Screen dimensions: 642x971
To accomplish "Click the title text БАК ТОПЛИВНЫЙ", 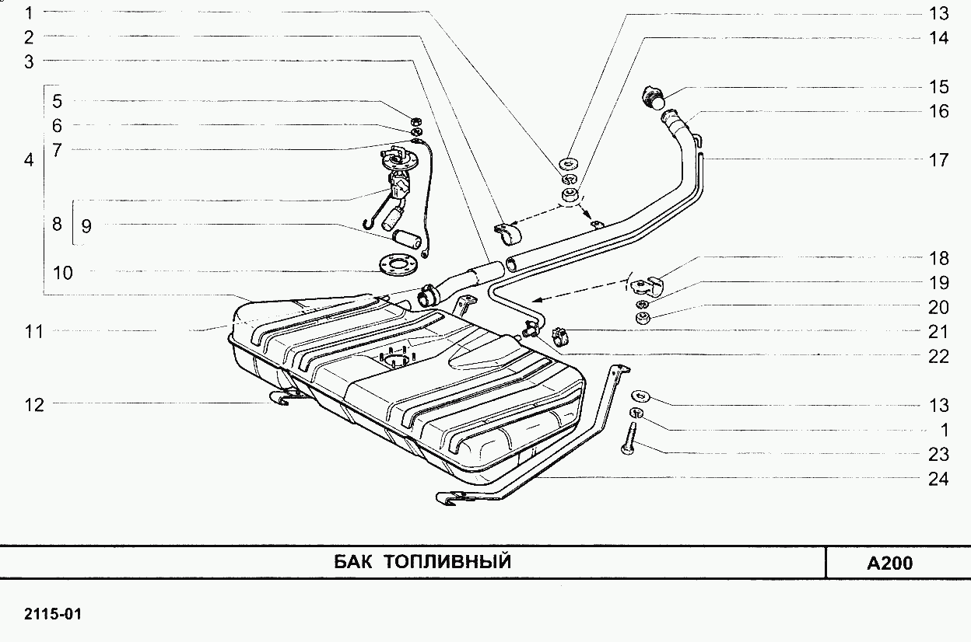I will [422, 562].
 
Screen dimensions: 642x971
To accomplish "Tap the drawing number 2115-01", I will [53, 615].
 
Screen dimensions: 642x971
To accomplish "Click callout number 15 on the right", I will [938, 86].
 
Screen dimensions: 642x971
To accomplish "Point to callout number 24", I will [938, 479].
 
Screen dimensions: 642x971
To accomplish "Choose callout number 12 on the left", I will [34, 404].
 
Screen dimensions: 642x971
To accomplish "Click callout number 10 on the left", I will [63, 273].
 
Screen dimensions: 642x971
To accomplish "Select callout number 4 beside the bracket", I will [30, 161].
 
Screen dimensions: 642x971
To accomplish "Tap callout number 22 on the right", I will [938, 357].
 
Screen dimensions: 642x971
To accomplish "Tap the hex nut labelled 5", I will [415, 120].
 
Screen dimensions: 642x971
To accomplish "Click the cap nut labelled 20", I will [643, 319].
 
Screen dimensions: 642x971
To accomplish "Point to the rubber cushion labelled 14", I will [570, 193].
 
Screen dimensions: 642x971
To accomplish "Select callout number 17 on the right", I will [938, 160].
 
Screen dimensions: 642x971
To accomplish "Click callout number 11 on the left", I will [34, 332].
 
